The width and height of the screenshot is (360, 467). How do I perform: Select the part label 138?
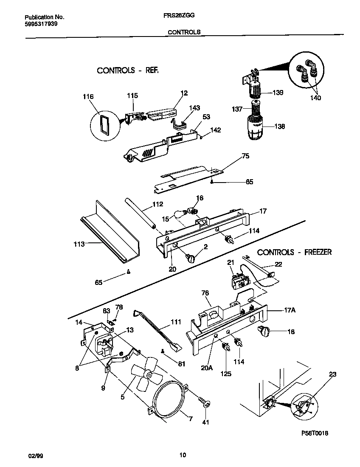coord(279,127)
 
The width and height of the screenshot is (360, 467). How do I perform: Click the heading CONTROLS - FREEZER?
coord(294,252)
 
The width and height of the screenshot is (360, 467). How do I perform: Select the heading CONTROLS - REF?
coord(127,70)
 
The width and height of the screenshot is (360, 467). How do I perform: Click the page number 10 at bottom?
coord(183,456)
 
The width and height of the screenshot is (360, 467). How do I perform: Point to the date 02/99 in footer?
coord(35,456)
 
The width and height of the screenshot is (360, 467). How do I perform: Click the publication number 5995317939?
coord(41,24)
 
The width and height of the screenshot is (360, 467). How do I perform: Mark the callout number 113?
coord(79,244)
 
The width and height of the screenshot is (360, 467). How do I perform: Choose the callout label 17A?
coord(288,310)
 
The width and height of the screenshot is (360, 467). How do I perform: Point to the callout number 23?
coord(332,374)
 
